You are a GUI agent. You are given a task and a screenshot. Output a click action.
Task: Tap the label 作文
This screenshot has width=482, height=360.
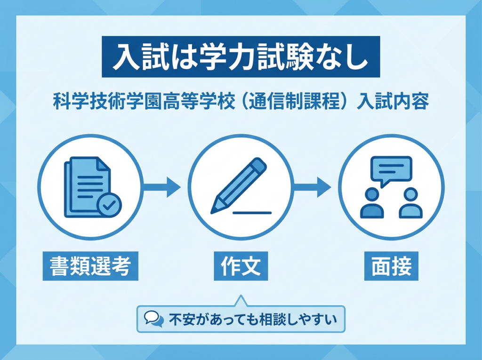pos(241,266)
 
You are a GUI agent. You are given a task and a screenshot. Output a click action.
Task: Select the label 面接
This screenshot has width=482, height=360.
pos(391,266)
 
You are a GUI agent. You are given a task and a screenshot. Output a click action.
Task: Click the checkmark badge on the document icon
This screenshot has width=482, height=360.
pos(109,205)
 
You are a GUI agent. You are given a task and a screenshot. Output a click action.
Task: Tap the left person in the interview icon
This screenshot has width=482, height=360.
pos(372,203)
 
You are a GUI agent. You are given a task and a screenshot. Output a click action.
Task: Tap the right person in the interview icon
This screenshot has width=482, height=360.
pos(410,203)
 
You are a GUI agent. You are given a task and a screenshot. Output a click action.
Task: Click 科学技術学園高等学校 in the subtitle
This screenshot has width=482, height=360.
pos(144,103)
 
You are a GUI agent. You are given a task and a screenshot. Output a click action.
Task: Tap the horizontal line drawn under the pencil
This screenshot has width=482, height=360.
pos(252,213)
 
